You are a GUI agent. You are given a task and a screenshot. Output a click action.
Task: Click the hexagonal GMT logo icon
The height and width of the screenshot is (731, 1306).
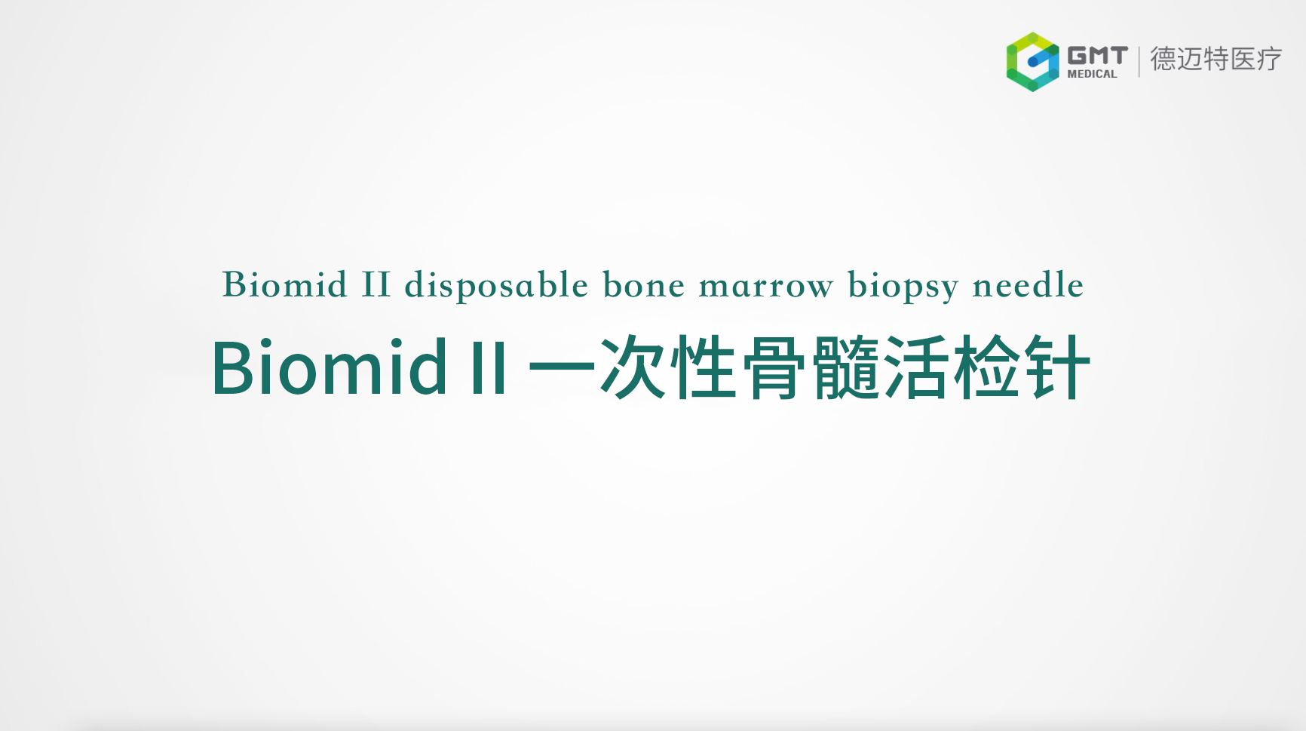point(1032,62)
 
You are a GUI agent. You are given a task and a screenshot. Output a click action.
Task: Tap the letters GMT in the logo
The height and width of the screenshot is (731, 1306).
point(1097,56)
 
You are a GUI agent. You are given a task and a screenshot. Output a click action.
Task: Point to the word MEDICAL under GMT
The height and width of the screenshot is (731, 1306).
point(1092,74)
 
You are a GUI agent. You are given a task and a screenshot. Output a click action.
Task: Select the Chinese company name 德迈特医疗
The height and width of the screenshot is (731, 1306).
point(1216,59)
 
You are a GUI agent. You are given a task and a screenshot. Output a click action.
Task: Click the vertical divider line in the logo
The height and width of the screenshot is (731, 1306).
point(1139,61)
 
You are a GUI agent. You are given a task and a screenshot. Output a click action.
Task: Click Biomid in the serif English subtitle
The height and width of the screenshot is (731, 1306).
point(285,285)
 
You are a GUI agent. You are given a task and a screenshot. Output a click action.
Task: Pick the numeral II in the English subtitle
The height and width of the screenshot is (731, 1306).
point(376,285)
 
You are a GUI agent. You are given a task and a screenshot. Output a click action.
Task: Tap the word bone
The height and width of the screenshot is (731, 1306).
point(644,285)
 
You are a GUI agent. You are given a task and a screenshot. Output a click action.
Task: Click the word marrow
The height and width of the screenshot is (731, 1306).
point(766,288)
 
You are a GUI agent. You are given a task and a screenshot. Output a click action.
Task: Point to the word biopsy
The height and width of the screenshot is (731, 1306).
point(903,287)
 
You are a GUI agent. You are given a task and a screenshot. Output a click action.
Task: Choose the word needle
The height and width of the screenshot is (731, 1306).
point(1029,285)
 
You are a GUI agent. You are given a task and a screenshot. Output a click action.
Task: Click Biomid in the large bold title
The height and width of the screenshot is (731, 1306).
point(330,367)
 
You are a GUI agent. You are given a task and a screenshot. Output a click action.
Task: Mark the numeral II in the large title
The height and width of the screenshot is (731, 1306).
point(489,369)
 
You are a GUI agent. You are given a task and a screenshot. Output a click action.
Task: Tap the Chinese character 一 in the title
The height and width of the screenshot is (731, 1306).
point(562,368)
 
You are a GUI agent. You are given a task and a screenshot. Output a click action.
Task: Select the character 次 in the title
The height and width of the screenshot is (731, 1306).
point(633,367)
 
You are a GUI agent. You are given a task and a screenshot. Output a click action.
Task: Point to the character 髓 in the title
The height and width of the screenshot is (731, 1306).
point(845,367)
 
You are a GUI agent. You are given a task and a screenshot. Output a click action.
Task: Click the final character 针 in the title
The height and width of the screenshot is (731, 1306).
point(1057,367)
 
